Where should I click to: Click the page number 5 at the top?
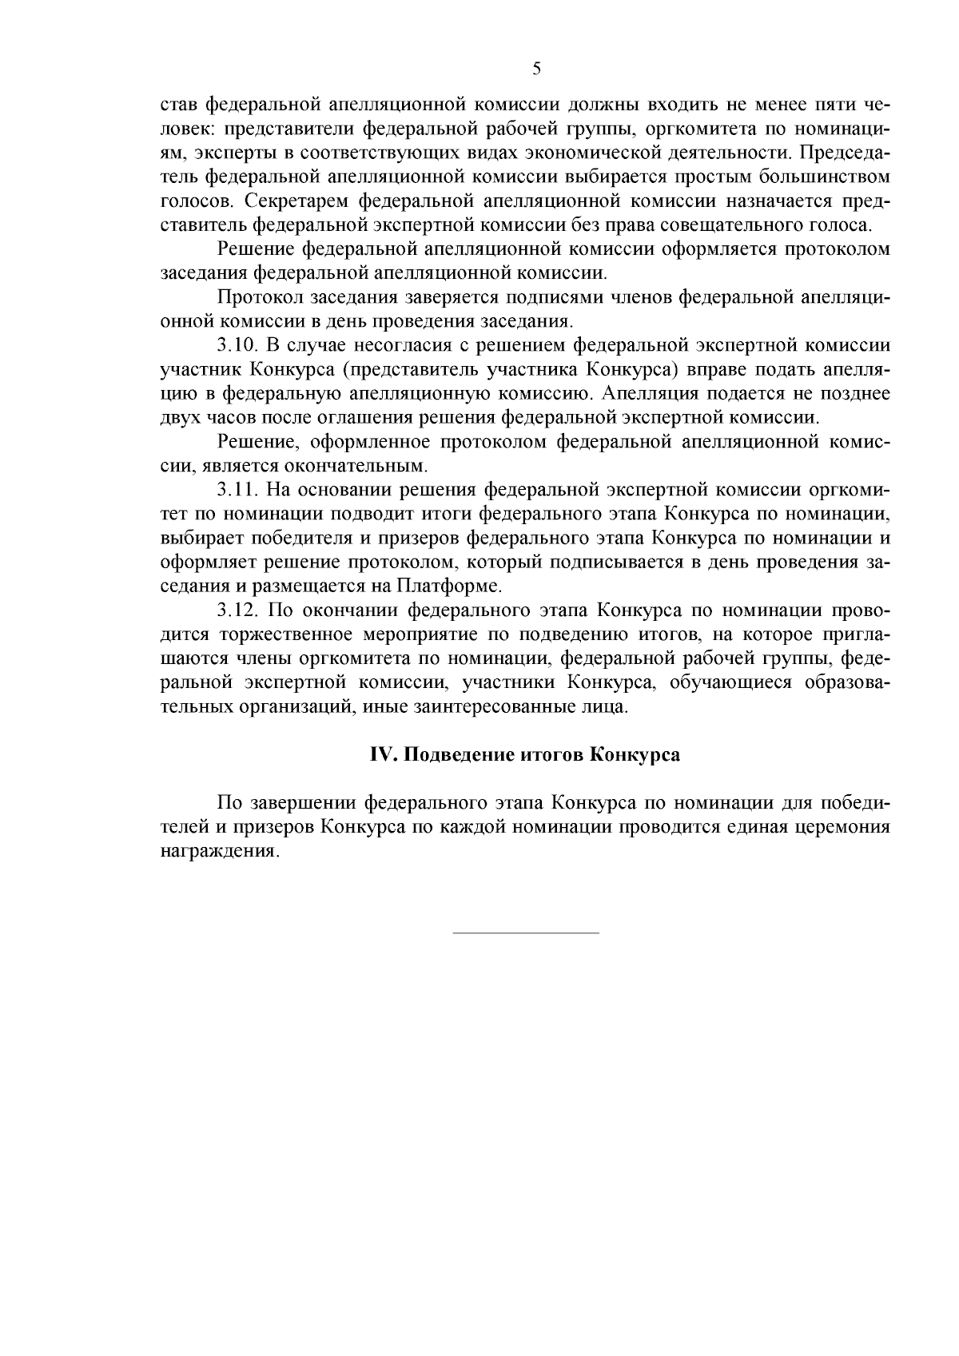(536, 69)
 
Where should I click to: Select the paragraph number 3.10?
(238, 345)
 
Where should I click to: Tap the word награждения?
(221, 851)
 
